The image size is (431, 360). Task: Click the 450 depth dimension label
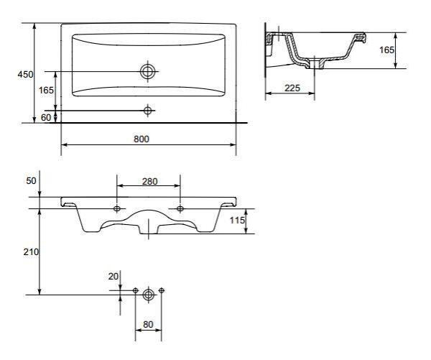coord(25,75)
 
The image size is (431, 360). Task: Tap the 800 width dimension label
coord(142,139)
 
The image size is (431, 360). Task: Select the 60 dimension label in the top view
coord(46,117)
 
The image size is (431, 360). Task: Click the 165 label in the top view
coord(46,90)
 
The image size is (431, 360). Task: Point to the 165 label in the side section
coord(386,50)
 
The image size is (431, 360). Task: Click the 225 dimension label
coord(292,88)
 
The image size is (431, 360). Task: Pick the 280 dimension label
coord(150,182)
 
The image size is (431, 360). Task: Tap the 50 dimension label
coord(31,180)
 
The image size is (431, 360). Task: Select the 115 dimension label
coord(237,220)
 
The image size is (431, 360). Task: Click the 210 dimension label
coord(31,251)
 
